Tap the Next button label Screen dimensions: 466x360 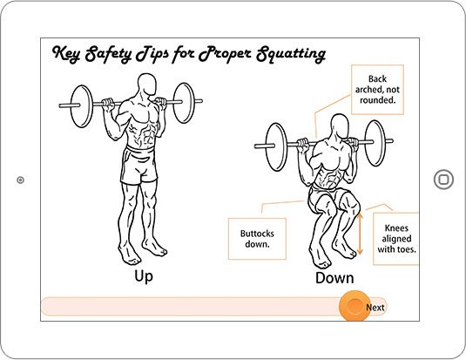click(375, 308)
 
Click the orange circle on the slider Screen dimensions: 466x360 click(355, 306)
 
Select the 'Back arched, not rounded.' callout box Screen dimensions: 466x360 click(377, 90)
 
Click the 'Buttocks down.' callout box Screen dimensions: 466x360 click(257, 239)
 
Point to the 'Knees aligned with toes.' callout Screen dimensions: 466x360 click(396, 239)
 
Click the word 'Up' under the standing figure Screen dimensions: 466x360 click(144, 276)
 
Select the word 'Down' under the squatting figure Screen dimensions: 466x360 click(334, 278)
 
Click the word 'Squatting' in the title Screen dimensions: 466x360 click(291, 54)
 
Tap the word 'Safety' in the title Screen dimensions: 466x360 click(108, 54)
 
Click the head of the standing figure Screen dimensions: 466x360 click(147, 85)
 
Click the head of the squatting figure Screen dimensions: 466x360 click(340, 126)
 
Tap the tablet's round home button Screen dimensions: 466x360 click(443, 180)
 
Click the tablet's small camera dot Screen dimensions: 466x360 click(20, 180)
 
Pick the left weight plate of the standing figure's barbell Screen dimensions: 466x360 click(81, 106)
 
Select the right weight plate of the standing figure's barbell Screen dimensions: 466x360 click(184, 103)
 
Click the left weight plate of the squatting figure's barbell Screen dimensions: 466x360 click(276, 147)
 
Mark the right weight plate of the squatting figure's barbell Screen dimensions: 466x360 click(375, 143)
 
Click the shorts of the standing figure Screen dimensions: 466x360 click(138, 165)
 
